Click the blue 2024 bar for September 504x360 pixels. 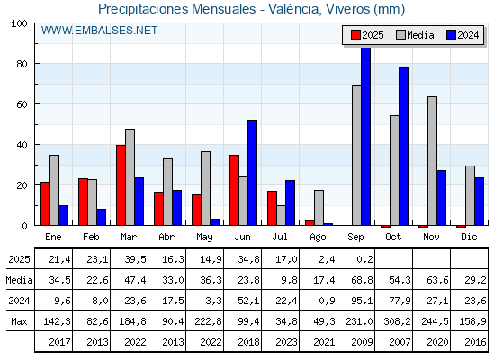pos(365,136)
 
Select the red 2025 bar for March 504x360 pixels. pos(121,185)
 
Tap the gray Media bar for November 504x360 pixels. pos(432,161)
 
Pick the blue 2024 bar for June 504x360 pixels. pos(252,173)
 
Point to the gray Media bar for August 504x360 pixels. pos(319,208)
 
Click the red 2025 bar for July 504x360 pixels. pos(272,208)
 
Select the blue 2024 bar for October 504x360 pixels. pos(404,147)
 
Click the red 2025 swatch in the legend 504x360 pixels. pos(355,35)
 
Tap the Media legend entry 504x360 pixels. pos(415,35)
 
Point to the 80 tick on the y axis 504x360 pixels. pos(22,64)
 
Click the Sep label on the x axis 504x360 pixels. pos(355,238)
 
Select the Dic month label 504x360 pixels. pos(469,238)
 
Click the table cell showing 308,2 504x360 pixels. pos(397,321)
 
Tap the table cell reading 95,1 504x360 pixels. pos(362,301)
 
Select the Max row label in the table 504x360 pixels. pos(19,321)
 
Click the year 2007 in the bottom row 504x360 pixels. pos(400,342)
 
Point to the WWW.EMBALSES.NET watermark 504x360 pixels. pos(99,31)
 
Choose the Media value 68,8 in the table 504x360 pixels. pos(362,280)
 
